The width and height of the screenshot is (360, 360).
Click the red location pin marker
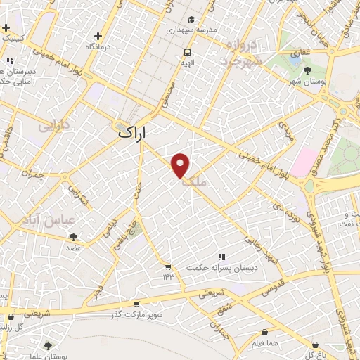181,165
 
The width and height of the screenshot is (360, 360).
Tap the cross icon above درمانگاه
98,35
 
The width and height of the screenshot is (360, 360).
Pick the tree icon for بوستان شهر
307,70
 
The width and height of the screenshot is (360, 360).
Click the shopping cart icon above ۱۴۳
167,266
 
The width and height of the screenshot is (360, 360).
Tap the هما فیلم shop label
264,343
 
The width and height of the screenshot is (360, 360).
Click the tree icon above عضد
74,237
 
